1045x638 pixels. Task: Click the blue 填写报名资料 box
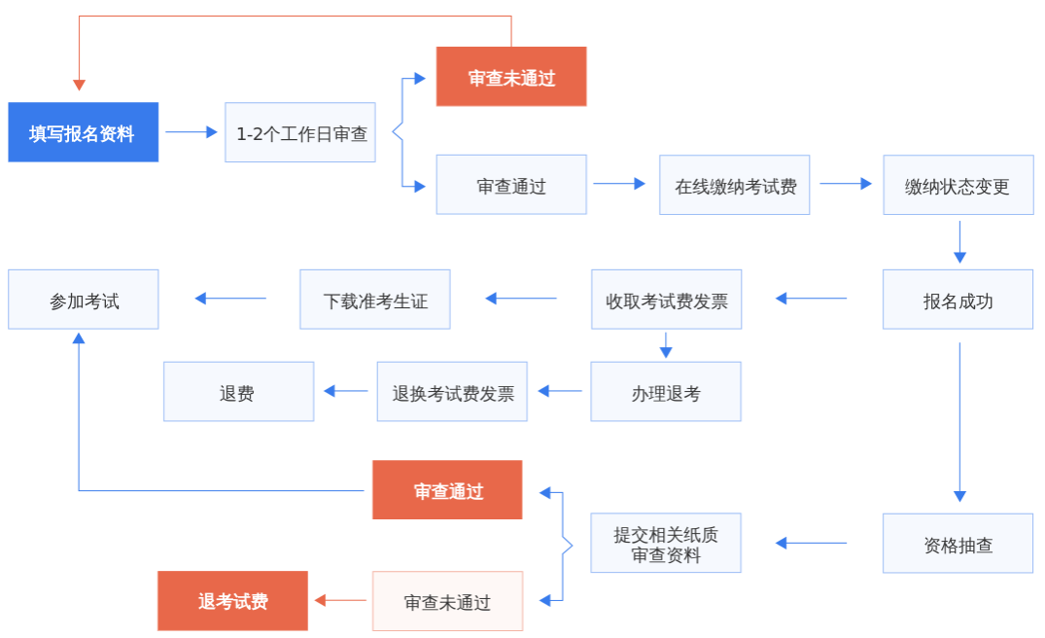tap(83, 132)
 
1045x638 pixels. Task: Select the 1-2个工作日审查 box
tap(300, 132)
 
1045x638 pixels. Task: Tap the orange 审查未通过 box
tap(511, 77)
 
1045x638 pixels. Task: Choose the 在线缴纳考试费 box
tap(734, 185)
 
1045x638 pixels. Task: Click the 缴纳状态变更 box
tap(958, 185)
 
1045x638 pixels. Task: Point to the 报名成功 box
tap(958, 300)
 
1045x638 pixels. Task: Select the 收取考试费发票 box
tap(666, 300)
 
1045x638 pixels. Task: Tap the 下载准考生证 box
tap(375, 300)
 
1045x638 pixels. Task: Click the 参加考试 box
tap(83, 300)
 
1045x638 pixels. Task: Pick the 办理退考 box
tap(666, 392)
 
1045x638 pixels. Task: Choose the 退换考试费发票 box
tap(452, 392)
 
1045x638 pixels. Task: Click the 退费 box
tap(238, 392)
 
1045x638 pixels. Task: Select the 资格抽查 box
tap(958, 543)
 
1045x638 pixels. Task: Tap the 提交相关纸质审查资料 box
tap(666, 543)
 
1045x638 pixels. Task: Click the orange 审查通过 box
tap(447, 490)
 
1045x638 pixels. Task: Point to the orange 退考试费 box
tap(232, 601)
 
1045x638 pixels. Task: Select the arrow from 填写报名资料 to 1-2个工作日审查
tap(192, 132)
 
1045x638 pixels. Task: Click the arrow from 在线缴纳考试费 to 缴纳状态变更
tap(846, 183)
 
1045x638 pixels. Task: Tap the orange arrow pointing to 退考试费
tap(340, 601)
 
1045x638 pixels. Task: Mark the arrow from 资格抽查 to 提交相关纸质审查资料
tap(811, 543)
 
